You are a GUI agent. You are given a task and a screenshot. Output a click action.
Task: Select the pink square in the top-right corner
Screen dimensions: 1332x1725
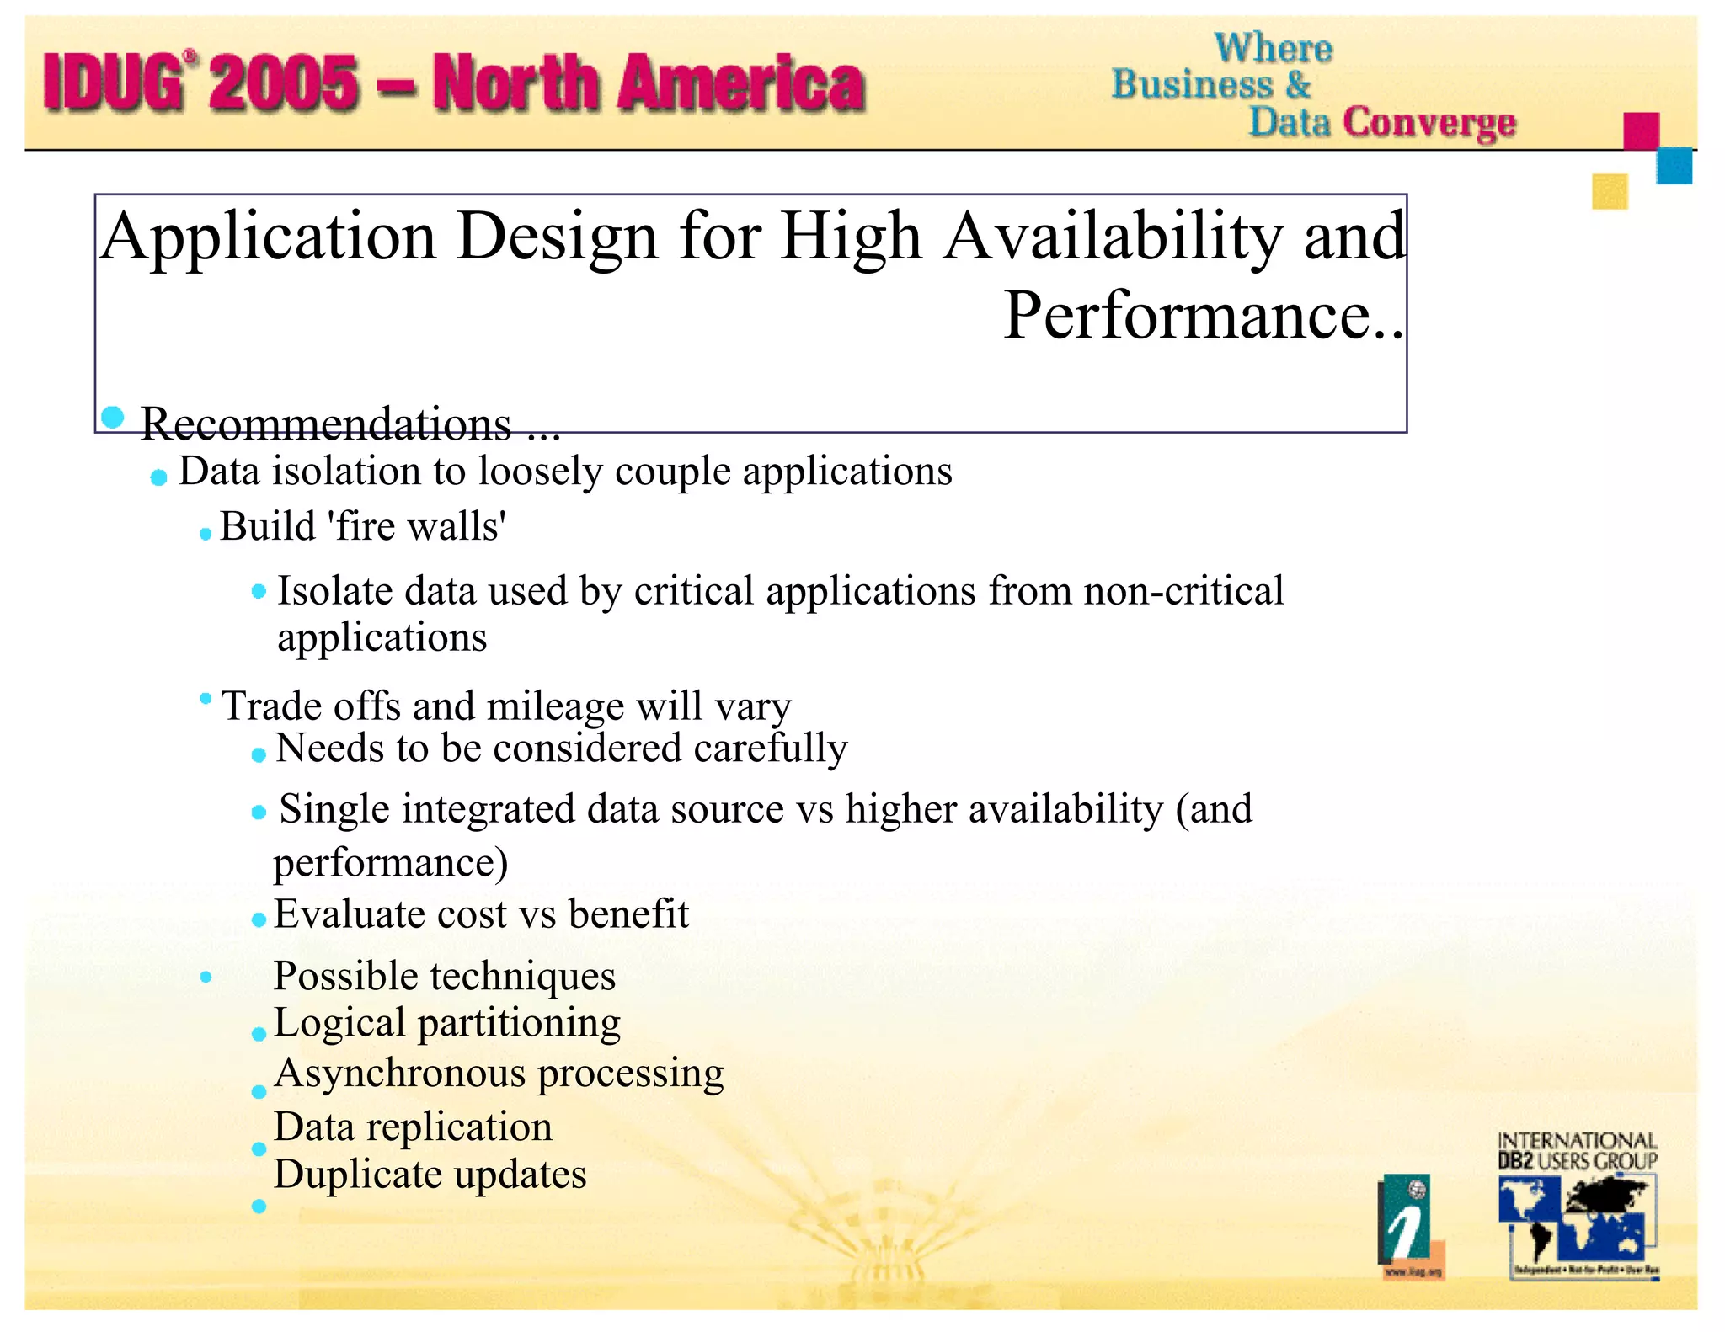click(1641, 131)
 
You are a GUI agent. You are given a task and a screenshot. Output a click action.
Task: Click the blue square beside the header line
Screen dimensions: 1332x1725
click(1674, 166)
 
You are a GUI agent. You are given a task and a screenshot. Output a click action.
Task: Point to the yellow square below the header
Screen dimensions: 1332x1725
click(1609, 191)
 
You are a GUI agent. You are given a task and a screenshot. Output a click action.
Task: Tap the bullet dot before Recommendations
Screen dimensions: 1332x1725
click(112, 417)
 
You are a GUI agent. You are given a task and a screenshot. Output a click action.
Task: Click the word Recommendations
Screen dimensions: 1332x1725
click(325, 424)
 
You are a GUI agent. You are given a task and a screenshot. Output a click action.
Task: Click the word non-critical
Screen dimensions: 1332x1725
click(1183, 591)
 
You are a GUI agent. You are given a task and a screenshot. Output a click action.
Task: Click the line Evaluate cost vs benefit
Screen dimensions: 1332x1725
click(481, 914)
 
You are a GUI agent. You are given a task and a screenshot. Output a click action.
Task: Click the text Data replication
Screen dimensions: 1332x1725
click(413, 1127)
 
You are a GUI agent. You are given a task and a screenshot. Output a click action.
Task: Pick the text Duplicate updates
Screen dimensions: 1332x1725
click(430, 1175)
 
